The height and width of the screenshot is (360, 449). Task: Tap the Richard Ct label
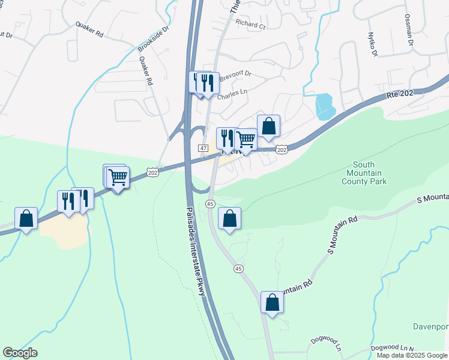point(250,25)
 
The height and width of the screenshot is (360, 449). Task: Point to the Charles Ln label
point(232,95)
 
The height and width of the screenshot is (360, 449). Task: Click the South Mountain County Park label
point(364,173)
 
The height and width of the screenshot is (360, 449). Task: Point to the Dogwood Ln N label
point(393,347)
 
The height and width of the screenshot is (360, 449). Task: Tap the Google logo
point(20,353)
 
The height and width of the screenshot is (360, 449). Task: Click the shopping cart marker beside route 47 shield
point(246,140)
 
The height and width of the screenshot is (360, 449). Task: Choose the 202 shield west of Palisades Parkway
point(152,172)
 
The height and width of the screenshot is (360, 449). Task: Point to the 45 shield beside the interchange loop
point(210,204)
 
